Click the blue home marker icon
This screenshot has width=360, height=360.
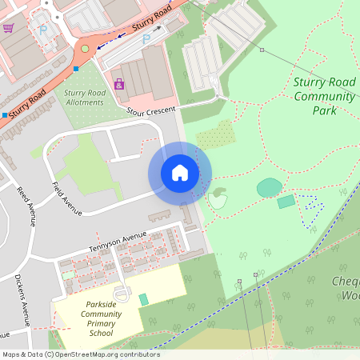click(180, 173)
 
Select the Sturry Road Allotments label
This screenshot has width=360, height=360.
click(84, 98)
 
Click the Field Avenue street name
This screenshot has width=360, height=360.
click(67, 199)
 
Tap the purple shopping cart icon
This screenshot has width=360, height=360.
click(8, 28)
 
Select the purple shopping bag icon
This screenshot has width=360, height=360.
click(119, 83)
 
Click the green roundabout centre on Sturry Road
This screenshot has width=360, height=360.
click(85, 49)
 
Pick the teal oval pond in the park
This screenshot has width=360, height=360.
click(269, 187)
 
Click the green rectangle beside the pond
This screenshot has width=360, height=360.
click(286, 202)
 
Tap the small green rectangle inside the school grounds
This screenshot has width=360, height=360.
click(143, 299)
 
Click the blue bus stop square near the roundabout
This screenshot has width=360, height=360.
click(76, 69)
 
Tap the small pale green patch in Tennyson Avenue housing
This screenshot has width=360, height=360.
click(70, 275)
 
